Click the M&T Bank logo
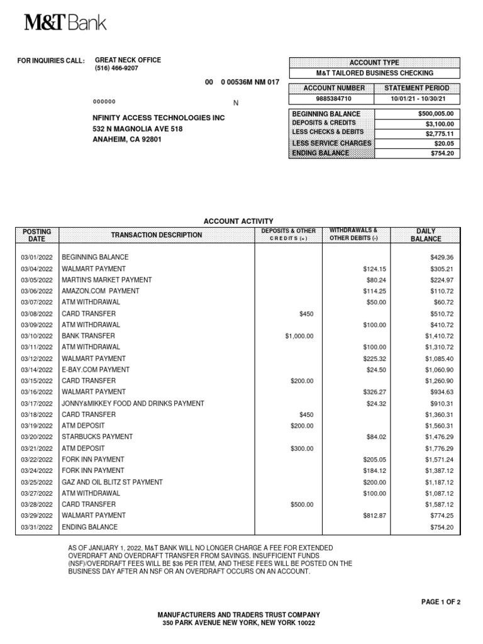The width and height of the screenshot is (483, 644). [65, 23]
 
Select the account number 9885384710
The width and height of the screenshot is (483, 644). [335, 99]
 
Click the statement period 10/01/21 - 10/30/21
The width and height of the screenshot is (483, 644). [418, 99]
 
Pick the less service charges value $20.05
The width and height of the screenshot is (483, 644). [443, 143]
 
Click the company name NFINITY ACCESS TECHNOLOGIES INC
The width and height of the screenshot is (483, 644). [158, 118]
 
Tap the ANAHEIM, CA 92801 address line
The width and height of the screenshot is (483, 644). [127, 140]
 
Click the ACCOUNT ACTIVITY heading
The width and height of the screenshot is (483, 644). [238, 221]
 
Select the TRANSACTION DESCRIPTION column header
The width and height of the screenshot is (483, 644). [157, 235]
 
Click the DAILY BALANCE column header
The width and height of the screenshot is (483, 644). [426, 235]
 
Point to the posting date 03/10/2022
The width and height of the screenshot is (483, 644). [37, 336]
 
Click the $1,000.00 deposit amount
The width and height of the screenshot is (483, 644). [299, 336]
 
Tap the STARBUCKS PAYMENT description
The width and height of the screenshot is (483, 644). [97, 436]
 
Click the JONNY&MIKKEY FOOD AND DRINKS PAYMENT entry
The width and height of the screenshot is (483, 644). [132, 403]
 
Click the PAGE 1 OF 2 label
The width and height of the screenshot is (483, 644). [441, 602]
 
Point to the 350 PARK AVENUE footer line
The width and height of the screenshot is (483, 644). [238, 623]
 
